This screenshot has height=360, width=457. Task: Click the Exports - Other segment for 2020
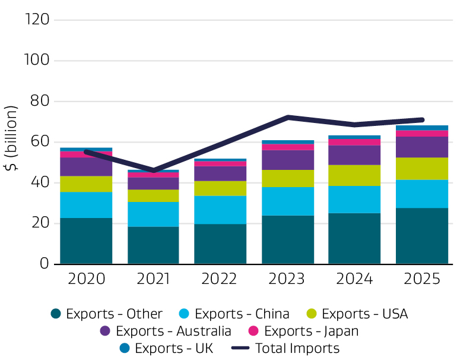tap(86, 241)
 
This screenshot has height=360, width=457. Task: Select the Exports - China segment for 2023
tap(288, 201)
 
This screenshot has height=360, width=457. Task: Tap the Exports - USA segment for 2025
tap(422, 169)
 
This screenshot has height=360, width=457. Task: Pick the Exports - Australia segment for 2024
tap(354, 155)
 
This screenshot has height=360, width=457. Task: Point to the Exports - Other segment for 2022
tap(221, 244)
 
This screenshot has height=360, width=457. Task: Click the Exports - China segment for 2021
tap(153, 214)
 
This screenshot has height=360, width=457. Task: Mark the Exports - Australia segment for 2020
tap(86, 166)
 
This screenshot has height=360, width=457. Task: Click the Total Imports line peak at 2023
tap(288, 117)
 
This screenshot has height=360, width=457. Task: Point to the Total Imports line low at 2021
tap(153, 170)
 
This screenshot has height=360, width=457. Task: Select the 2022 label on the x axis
tap(221, 279)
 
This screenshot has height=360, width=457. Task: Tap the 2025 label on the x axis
tap(422, 279)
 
